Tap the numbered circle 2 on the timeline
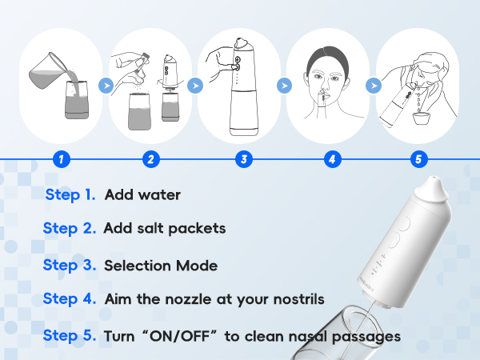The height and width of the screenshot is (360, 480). (150, 158)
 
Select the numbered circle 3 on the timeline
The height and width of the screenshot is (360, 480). (241, 158)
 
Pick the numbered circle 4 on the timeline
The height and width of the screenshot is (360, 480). (330, 158)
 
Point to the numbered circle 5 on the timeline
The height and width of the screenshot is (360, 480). (418, 158)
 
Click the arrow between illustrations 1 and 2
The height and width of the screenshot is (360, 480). (104, 82)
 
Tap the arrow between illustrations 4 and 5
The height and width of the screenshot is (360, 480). (371, 82)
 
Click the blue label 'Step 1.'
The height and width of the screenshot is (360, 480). (70, 194)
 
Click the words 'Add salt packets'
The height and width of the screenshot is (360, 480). (164, 229)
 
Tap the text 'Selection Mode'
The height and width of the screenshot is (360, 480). (160, 265)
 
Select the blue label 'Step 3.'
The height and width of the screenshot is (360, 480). (70, 265)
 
